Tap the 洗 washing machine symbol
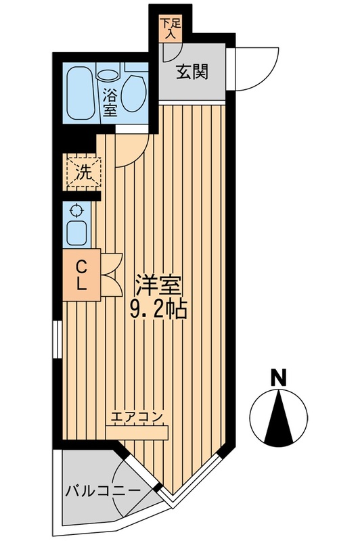[82, 172]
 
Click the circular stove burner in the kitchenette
[76, 210]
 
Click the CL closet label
[81, 273]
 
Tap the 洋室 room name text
[160, 285]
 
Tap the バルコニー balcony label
[103, 492]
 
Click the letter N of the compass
[276, 377]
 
